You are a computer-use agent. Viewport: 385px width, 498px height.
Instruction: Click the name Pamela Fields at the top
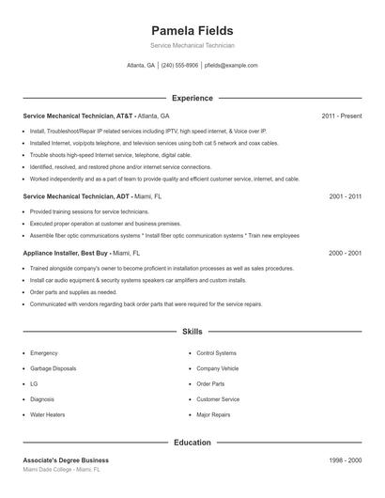click(x=192, y=30)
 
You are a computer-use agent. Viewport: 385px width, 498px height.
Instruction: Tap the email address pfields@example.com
click(x=230, y=66)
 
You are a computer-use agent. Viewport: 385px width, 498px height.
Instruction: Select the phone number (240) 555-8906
click(x=179, y=66)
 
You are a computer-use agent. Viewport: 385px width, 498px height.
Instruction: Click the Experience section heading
click(x=192, y=98)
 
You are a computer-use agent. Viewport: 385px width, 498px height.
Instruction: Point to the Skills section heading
click(x=192, y=332)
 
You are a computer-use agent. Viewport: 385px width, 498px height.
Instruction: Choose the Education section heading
click(x=192, y=442)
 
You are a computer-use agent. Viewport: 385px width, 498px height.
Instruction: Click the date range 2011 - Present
click(x=341, y=116)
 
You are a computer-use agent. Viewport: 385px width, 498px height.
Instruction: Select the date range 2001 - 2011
click(x=345, y=196)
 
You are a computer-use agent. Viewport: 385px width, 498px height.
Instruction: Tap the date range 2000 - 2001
click(x=345, y=253)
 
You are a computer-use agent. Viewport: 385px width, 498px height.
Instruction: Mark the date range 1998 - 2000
click(x=345, y=460)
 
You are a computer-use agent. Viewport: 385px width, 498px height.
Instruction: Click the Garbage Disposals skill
click(x=53, y=368)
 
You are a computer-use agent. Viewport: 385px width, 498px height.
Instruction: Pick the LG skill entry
click(x=34, y=383)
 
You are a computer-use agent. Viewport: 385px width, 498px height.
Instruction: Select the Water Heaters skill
click(x=47, y=413)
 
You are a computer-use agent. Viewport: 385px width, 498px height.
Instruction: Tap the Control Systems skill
click(x=217, y=353)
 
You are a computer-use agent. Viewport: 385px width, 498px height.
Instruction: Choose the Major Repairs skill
click(x=214, y=413)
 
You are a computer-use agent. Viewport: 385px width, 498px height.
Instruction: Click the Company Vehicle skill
click(x=218, y=368)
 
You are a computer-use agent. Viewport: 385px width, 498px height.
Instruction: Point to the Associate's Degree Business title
click(x=66, y=460)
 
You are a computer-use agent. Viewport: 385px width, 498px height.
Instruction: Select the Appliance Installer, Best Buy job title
click(x=66, y=253)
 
